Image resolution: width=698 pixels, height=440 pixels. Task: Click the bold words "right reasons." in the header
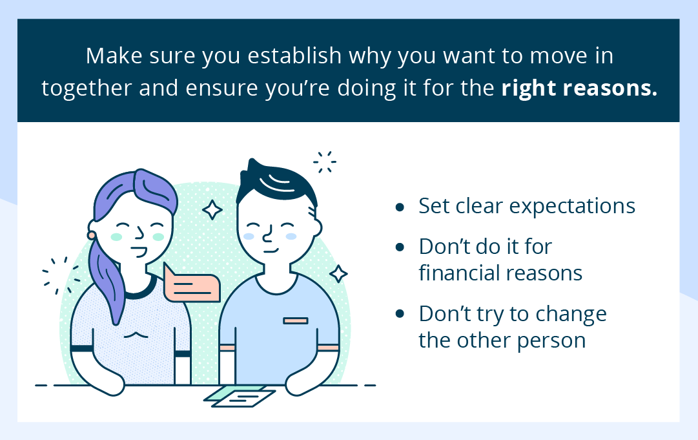(x=579, y=89)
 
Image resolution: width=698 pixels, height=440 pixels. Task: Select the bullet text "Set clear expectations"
(x=527, y=206)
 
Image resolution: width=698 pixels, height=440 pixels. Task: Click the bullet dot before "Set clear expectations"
(x=400, y=207)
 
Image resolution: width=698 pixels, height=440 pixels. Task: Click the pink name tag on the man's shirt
(x=295, y=320)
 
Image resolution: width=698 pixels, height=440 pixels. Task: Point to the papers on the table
(x=240, y=395)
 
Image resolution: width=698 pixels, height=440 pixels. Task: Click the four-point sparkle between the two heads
(x=212, y=209)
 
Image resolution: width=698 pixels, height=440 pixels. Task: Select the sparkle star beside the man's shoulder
(x=338, y=273)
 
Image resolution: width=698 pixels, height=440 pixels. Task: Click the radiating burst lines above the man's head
(x=324, y=162)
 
